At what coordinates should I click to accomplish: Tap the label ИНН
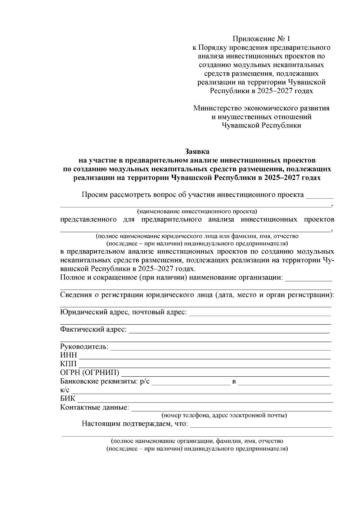pyautogui.click(x=68, y=355)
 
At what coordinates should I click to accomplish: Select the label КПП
pyautogui.click(x=68, y=364)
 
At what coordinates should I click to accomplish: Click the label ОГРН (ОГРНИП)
pyautogui.click(x=89, y=373)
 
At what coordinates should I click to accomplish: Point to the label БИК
pyautogui.click(x=68, y=399)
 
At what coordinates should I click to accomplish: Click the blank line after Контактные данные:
pyautogui.click(x=232, y=409)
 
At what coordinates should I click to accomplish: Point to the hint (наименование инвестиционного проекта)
pyautogui.click(x=197, y=211)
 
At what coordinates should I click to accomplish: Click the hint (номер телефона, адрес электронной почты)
pyautogui.click(x=224, y=415)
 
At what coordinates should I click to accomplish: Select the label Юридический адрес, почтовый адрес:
pyautogui.click(x=123, y=312)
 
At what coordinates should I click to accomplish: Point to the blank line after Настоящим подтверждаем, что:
pyautogui.click(x=261, y=426)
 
